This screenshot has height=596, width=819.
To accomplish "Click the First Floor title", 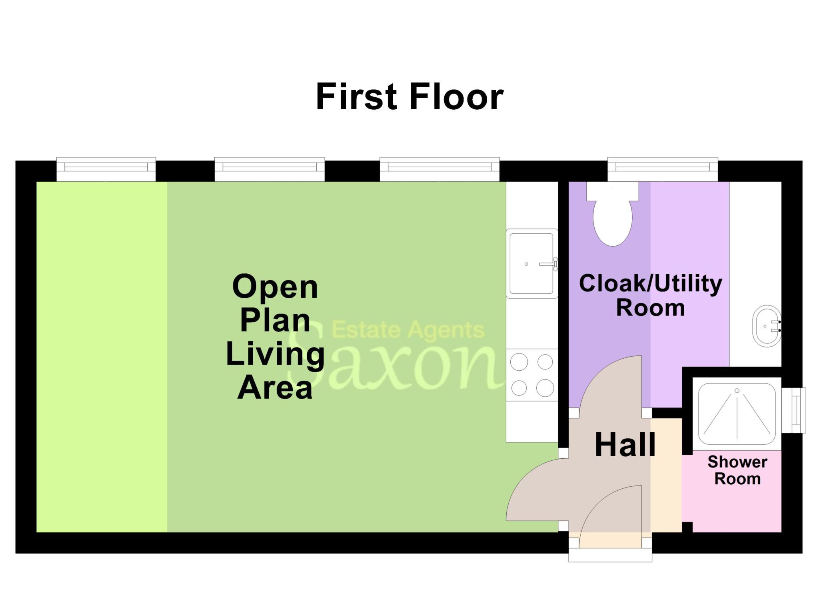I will (x=409, y=96).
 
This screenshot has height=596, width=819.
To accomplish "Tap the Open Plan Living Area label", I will (x=275, y=337).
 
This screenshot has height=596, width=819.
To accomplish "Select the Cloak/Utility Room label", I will (x=650, y=295).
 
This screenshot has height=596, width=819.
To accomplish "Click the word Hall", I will (x=625, y=445).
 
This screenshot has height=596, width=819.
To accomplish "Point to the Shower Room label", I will (x=737, y=470).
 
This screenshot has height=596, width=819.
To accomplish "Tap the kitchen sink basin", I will (x=531, y=263).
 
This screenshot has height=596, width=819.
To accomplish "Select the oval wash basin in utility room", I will (x=766, y=326).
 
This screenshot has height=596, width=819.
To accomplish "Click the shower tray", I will (x=737, y=414).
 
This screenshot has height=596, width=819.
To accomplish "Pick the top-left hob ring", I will (x=519, y=363).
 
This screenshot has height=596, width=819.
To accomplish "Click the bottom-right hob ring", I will (x=545, y=388).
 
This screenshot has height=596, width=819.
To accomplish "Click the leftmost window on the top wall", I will (x=106, y=170).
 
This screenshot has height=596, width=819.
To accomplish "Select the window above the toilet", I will (x=662, y=170).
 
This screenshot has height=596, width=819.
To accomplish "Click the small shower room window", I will (x=793, y=410).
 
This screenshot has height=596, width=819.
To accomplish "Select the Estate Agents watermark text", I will (x=408, y=330).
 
